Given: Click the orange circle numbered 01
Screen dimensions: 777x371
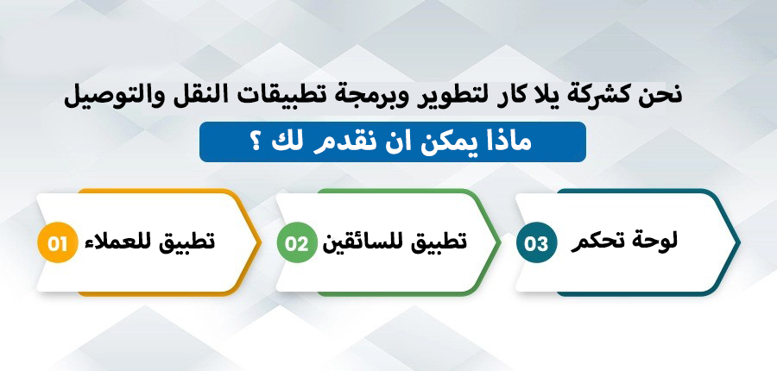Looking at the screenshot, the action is [x=58, y=242].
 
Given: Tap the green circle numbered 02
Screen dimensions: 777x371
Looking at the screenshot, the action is [x=297, y=242].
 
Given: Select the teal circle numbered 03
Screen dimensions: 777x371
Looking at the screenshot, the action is [x=537, y=242].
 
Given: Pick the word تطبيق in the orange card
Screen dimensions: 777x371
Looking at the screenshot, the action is [x=188, y=242].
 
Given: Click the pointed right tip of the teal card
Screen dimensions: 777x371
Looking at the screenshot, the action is [x=740, y=242].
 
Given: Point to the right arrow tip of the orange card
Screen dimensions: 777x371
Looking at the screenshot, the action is [x=261, y=242].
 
